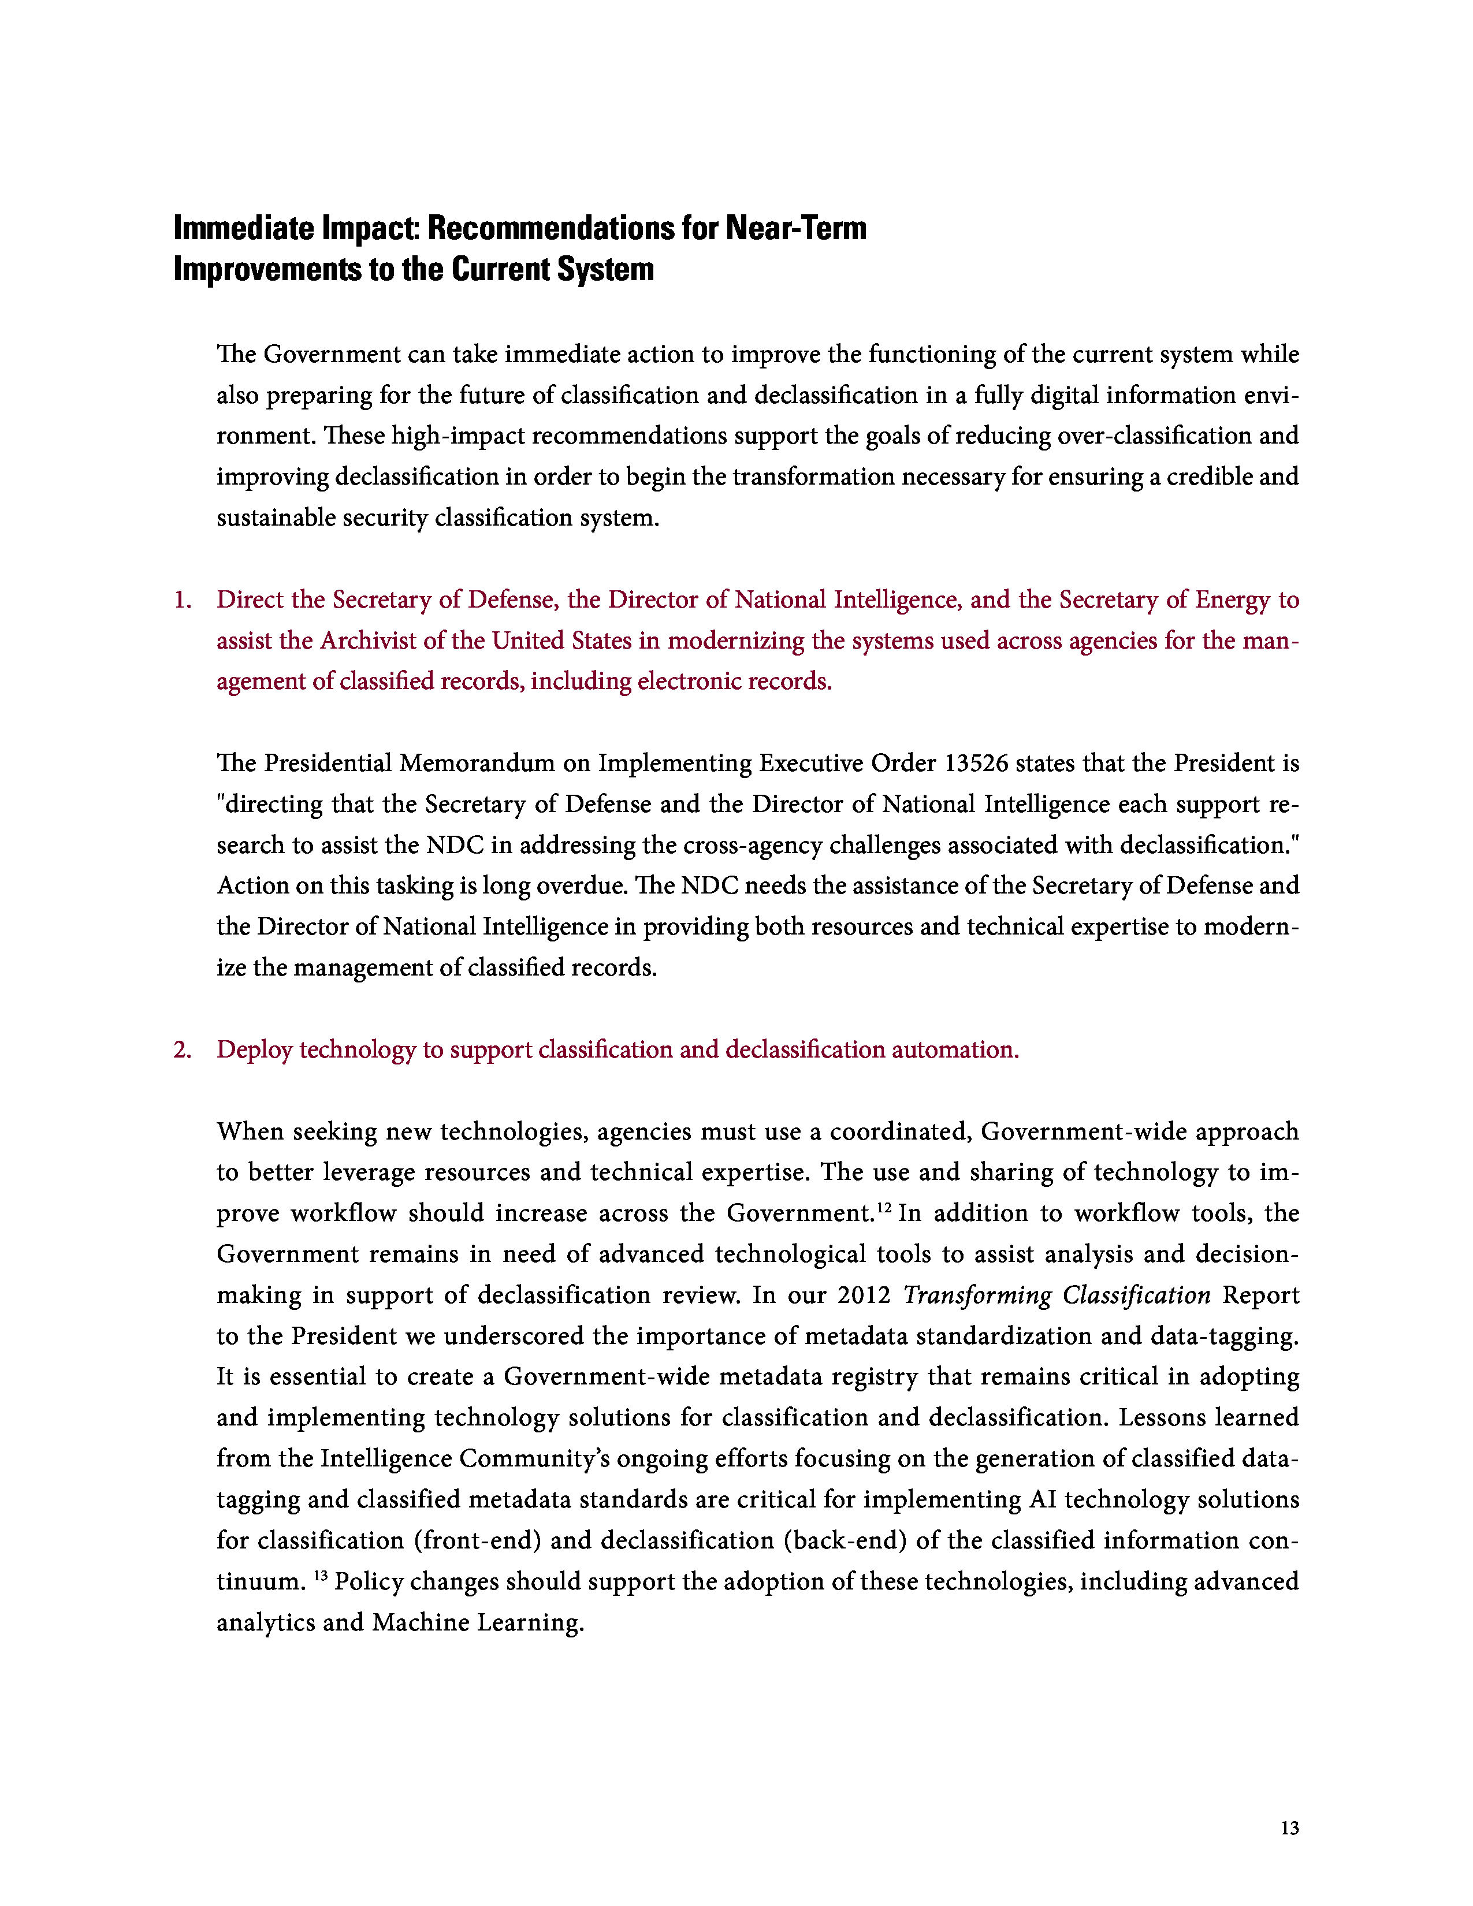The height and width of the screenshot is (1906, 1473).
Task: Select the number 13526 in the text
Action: (976, 763)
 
